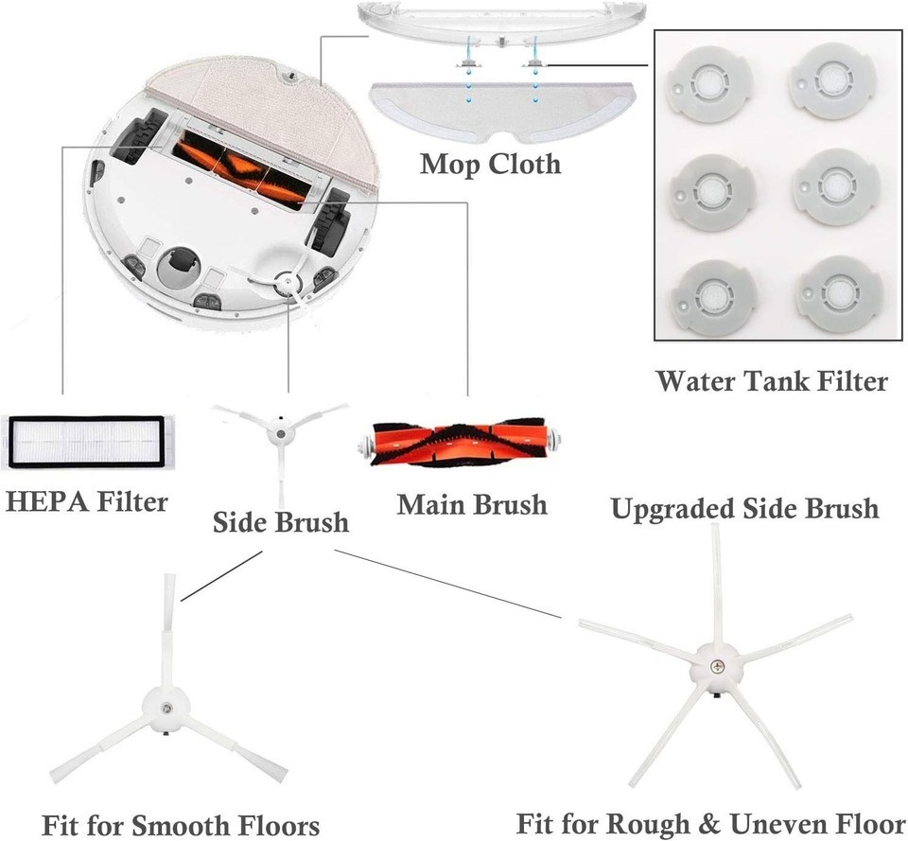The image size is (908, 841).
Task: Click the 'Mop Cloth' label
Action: click(490, 164)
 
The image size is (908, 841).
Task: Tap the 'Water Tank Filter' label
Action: click(772, 381)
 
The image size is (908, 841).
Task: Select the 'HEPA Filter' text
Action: click(86, 500)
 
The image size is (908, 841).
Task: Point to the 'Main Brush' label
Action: click(472, 503)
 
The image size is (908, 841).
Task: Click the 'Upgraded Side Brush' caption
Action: click(744, 508)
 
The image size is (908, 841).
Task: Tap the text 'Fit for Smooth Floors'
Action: click(181, 824)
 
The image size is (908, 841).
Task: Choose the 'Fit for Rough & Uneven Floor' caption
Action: click(710, 821)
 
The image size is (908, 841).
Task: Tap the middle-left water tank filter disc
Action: click(709, 188)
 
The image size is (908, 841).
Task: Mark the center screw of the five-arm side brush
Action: click(717, 666)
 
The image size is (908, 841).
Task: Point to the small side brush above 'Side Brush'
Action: click(280, 433)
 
